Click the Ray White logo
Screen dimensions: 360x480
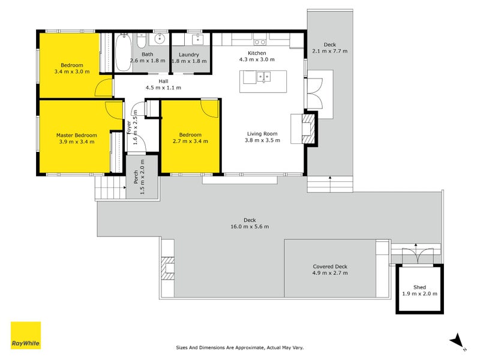pyautogui.click(x=26, y=335)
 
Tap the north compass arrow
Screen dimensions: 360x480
pyautogui.click(x=458, y=340)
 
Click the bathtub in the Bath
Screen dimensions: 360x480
pyautogui.click(x=122, y=52)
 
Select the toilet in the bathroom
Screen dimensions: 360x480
pyautogui.click(x=140, y=41)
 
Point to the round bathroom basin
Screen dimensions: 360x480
pyautogui.click(x=160, y=40)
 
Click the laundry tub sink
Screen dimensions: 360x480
pyautogui.click(x=197, y=40)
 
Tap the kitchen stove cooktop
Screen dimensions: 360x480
pyautogui.click(x=260, y=41)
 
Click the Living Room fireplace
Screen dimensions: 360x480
pyautogui.click(x=308, y=128)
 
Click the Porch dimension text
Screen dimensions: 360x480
pyautogui.click(x=142, y=176)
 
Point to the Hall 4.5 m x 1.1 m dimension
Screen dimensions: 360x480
pyautogui.click(x=163, y=88)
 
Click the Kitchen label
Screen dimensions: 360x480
pyautogui.click(x=257, y=53)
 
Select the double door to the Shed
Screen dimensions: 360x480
pyautogui.click(x=415, y=254)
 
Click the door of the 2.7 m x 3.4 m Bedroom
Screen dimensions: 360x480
pyautogui.click(x=210, y=109)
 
